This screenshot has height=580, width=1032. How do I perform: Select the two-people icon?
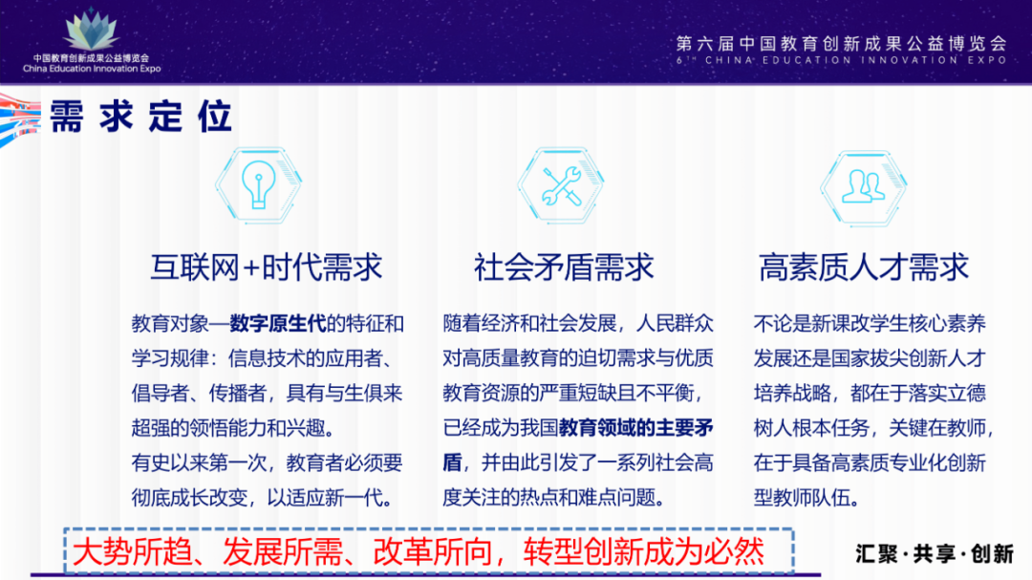(x=863, y=184)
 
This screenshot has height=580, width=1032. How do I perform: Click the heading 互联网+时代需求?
(x=266, y=268)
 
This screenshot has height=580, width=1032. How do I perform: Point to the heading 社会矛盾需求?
(x=564, y=268)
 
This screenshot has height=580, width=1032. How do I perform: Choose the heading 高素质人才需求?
(x=864, y=268)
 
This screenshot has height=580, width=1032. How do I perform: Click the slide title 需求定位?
(x=141, y=117)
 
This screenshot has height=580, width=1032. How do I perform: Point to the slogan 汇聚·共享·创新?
(x=935, y=553)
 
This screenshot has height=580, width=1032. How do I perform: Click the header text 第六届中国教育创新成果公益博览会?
(x=841, y=44)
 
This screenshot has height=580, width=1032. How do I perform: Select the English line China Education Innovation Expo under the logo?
(x=92, y=69)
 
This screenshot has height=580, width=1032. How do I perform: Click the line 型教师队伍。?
(x=806, y=498)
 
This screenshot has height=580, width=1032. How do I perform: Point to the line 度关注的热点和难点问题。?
(x=553, y=498)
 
